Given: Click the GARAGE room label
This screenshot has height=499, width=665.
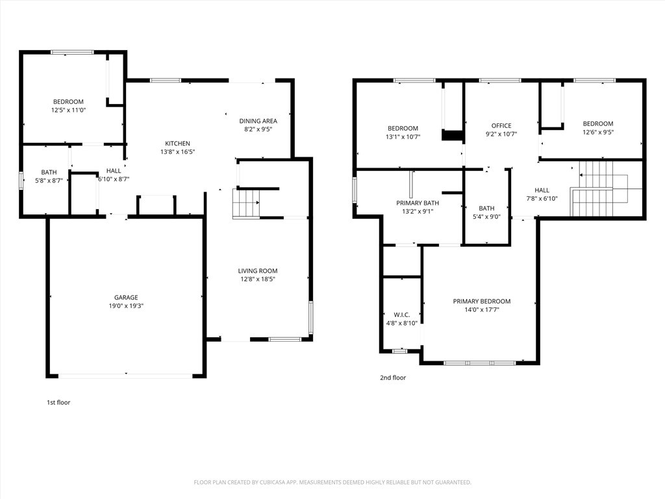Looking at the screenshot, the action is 126,298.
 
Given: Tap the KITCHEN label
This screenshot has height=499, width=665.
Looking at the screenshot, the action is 177,144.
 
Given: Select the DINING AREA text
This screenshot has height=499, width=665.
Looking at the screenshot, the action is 258,121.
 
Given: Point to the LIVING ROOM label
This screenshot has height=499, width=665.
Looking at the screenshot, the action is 257,271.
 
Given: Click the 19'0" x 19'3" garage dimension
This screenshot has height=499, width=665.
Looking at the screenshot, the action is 126,306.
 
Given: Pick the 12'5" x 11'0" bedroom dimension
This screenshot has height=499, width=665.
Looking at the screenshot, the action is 68,110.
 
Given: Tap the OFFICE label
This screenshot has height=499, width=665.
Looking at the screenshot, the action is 501,125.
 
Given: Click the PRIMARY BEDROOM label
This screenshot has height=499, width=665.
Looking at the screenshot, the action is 482,301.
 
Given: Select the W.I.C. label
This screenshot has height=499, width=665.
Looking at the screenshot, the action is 401,315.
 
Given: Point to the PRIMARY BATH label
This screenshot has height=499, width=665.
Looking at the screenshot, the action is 418,203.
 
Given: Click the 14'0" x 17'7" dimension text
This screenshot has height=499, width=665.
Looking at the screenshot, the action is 482,310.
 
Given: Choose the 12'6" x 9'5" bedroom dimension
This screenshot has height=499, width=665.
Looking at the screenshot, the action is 598,132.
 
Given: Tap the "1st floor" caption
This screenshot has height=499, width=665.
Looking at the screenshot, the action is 58,402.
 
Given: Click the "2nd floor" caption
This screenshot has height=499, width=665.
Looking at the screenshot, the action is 393,377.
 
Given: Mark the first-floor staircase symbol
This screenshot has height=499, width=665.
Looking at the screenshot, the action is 246,203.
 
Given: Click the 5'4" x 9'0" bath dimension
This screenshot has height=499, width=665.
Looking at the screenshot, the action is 486,217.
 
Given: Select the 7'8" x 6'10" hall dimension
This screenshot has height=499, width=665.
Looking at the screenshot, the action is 542,199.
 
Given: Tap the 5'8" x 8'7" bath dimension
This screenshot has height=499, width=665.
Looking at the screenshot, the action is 49,181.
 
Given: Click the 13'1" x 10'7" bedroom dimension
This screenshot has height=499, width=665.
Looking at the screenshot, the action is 403,136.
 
